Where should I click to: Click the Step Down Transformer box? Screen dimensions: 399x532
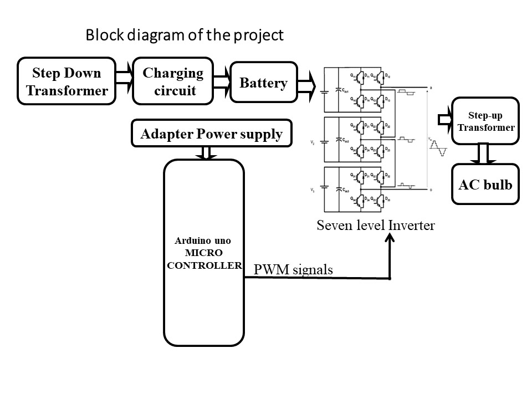pos(67,81)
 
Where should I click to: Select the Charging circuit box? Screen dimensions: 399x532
pos(173,81)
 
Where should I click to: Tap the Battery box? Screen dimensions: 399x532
pos(263,83)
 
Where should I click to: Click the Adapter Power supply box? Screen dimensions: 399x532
pos(211,134)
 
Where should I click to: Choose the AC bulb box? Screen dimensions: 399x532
pos(485,184)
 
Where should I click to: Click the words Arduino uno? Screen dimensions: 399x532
pos(204,242)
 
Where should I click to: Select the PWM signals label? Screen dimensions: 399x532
pos(293,270)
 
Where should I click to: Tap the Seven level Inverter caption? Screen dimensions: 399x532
pos(376,225)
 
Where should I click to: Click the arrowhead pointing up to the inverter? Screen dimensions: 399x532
pos(390,238)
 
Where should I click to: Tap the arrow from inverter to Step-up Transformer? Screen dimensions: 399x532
pos(445,119)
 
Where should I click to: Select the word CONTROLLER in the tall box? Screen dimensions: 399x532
pos(204,265)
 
